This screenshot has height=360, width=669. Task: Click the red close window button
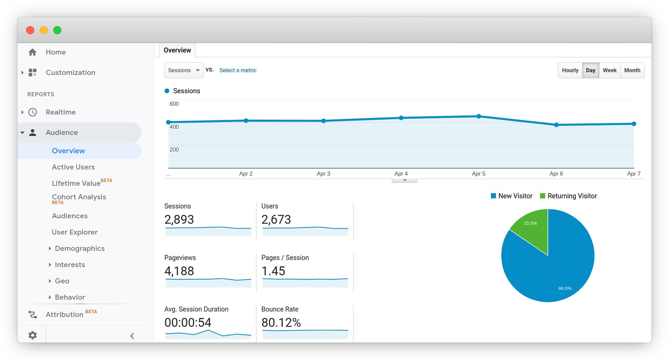[x=30, y=30]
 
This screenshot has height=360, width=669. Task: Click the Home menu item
[x=56, y=52]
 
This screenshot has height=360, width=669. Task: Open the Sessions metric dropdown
[x=184, y=70]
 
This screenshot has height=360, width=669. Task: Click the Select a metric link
[x=238, y=70]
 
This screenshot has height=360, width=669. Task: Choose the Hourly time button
[x=570, y=70]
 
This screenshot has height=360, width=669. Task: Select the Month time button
[x=632, y=70]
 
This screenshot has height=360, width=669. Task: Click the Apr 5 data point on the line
[x=478, y=116]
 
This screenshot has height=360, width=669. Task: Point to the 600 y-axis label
[x=174, y=104]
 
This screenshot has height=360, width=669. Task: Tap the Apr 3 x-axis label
[x=323, y=174]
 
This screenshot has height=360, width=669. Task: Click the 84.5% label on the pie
[x=564, y=288]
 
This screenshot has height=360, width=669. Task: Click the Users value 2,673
[x=276, y=220]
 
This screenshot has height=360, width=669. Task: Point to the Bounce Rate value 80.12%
[x=281, y=322]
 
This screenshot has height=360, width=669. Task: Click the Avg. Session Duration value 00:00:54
[x=188, y=322]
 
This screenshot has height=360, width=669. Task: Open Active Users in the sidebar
[x=73, y=167]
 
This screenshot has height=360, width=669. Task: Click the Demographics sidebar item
[x=79, y=248]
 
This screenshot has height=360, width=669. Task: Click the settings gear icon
[x=33, y=335]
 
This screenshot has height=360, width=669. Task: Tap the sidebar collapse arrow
[x=132, y=336]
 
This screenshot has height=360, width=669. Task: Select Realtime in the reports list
[x=61, y=112]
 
